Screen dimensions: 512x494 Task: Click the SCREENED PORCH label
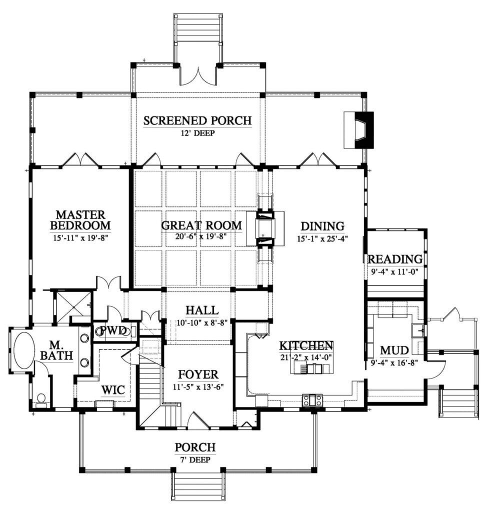point(197,120)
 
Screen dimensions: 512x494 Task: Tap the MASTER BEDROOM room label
point(80,220)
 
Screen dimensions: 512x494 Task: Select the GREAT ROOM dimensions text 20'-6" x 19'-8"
point(201,237)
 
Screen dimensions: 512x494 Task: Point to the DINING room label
point(322,225)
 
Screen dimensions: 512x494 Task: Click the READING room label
point(395,259)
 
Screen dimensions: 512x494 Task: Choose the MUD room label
point(395,348)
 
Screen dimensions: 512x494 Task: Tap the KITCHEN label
point(305,345)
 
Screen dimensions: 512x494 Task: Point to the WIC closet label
point(113,389)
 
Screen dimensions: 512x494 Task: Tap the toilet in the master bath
point(41,399)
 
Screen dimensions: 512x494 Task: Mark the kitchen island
point(314,368)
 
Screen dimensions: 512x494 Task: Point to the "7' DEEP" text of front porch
point(195,459)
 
